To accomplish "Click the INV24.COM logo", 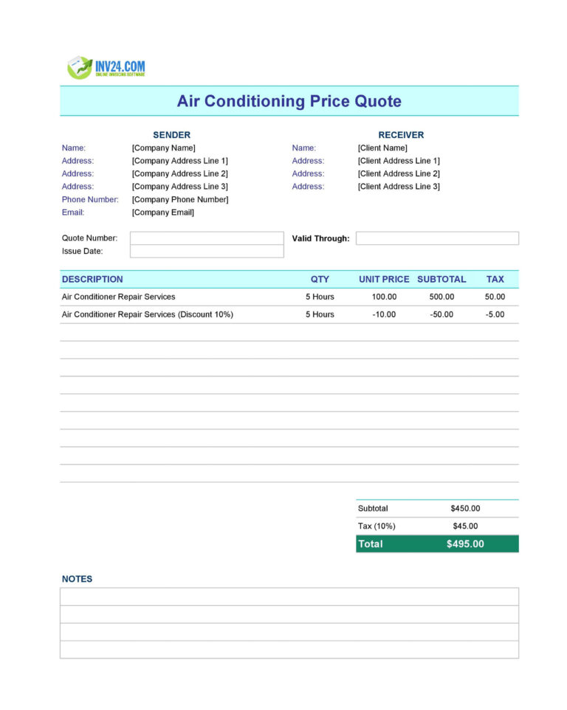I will [106, 68].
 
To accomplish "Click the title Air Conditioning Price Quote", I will [289, 101].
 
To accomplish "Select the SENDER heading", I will [171, 135].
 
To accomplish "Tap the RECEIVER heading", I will [401, 135].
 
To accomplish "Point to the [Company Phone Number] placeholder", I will [180, 199].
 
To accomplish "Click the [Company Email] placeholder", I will [163, 213].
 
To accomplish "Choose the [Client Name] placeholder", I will [382, 148].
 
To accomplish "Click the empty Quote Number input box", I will [207, 238].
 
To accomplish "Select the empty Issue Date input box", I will [207, 252].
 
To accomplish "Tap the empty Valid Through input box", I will [437, 238].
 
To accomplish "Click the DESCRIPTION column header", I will [92, 279].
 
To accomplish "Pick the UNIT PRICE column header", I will [384, 279].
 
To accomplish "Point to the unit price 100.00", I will [384, 297].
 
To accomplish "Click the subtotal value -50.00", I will [441, 314].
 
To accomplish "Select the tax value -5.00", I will [495, 314].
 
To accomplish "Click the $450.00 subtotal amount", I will [465, 509].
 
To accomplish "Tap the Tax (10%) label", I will [377, 526].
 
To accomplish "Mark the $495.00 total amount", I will [465, 544].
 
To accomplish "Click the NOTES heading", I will [77, 579].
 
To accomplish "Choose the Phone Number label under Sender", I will [90, 199].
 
